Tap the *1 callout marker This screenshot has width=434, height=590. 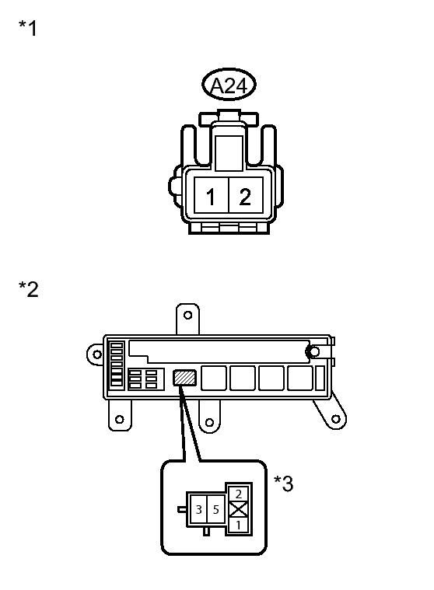point(27,30)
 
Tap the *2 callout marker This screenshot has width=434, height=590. point(28,290)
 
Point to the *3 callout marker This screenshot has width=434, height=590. point(283,484)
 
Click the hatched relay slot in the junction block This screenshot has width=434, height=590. point(184,377)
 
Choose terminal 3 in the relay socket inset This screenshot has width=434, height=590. point(200,509)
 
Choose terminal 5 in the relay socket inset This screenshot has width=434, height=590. point(215,509)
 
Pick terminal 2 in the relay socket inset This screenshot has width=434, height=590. point(239,493)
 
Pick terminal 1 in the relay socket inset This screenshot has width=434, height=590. point(239,526)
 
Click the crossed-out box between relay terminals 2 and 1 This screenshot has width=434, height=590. point(239,509)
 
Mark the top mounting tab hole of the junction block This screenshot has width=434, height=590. point(186,316)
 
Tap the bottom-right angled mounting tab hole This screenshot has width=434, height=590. point(334,420)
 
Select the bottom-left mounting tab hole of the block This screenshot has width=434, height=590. point(119,420)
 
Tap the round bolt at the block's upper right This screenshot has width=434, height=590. point(313,353)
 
